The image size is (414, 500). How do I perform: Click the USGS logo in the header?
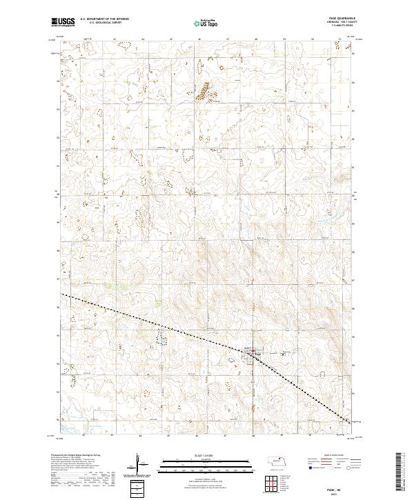(x=63, y=22)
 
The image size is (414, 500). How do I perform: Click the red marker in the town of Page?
(x=253, y=354)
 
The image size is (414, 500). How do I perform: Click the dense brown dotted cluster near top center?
(x=205, y=90)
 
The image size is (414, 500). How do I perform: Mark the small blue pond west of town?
(x=160, y=339)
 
